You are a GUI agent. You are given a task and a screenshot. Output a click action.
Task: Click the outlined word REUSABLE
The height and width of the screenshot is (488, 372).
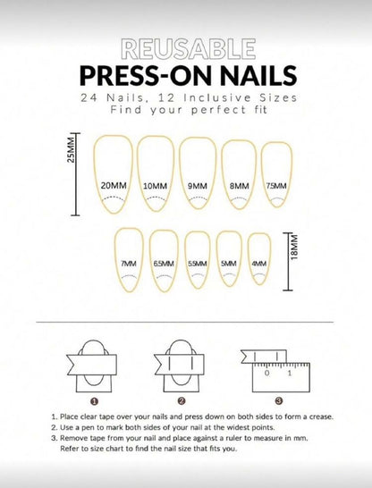(x=189, y=49)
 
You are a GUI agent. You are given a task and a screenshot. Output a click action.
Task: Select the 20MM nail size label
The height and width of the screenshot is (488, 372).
(x=114, y=186)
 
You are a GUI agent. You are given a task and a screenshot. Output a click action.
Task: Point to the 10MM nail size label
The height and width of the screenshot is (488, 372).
(x=155, y=186)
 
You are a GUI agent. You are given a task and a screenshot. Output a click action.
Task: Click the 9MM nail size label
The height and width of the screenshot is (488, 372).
(x=198, y=186)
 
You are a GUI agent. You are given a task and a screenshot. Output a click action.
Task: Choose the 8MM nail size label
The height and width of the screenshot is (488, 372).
(x=240, y=186)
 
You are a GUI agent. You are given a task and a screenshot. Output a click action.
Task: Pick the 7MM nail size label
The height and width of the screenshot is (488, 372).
(x=129, y=264)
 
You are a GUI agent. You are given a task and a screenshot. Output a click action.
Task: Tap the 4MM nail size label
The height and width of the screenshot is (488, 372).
(x=259, y=264)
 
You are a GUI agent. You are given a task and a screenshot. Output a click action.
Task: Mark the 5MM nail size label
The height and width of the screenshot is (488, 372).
(x=229, y=264)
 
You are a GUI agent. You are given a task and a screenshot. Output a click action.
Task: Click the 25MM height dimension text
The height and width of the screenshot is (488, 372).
(x=71, y=149)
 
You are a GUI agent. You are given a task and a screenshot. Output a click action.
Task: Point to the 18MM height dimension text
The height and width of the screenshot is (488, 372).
(x=294, y=247)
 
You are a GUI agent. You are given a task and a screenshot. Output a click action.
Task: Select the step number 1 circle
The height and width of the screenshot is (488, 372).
(x=94, y=401)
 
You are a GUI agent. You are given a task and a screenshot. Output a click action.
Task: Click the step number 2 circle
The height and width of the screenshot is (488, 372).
(x=182, y=401)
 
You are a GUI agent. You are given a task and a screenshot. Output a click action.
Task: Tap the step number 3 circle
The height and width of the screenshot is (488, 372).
(x=279, y=400)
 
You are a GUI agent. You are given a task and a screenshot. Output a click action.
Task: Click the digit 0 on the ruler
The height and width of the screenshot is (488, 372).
(x=267, y=373)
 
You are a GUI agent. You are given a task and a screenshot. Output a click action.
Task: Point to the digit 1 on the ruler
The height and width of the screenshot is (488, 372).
(x=290, y=373)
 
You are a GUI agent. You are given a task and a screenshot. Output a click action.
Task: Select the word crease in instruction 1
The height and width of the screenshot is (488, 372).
(x=322, y=416)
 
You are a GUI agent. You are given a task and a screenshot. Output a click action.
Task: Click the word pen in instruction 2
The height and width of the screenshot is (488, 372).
(x=87, y=428)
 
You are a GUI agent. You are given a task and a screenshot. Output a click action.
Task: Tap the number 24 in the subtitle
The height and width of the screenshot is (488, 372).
(x=89, y=98)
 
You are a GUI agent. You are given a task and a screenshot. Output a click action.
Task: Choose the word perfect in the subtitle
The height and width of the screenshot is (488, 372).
(x=219, y=110)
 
